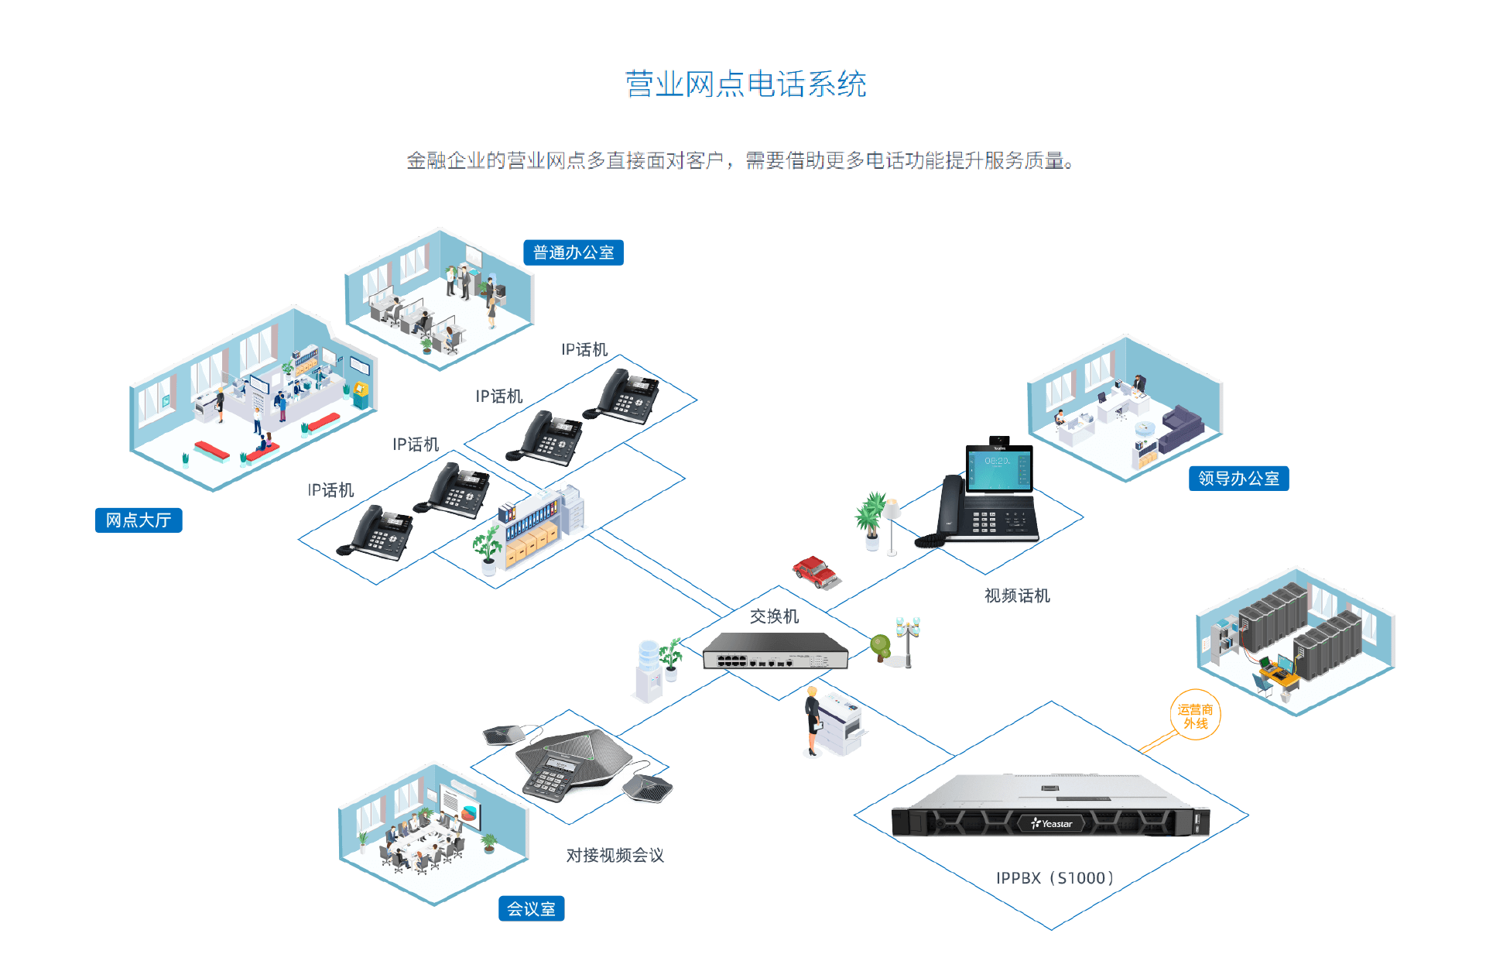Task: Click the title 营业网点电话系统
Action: pyautogui.click(x=745, y=84)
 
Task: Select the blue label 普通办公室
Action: pyautogui.click(x=573, y=252)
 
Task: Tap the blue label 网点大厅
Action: pyautogui.click(x=139, y=520)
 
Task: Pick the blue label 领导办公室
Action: pyautogui.click(x=1238, y=479)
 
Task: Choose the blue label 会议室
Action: pyautogui.click(x=531, y=908)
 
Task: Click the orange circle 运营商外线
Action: pyautogui.click(x=1195, y=716)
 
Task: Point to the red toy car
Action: pyautogui.click(x=815, y=572)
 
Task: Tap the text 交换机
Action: pyautogui.click(x=774, y=616)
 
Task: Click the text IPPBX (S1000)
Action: pyautogui.click(x=1054, y=878)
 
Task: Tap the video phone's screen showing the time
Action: pyautogui.click(x=998, y=468)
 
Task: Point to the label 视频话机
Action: pyautogui.click(x=1017, y=596)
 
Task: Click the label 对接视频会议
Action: pyautogui.click(x=615, y=855)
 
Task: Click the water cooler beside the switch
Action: pyautogui.click(x=649, y=671)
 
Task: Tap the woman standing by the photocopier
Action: pyautogui.click(x=813, y=720)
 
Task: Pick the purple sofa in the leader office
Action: pyautogui.click(x=1181, y=427)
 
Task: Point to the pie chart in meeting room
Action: pyautogui.click(x=469, y=813)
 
